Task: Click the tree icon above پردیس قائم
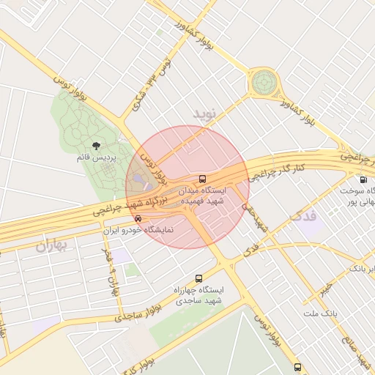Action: pos(97,145)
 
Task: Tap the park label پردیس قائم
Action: pos(94,157)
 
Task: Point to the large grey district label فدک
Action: pos(305,216)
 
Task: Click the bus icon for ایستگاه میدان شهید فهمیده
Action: pos(202,179)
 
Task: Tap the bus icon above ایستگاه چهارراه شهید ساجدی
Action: pos(198,279)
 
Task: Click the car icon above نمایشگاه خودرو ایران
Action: pos(138,218)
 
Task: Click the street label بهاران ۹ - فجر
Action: pos(111,271)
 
